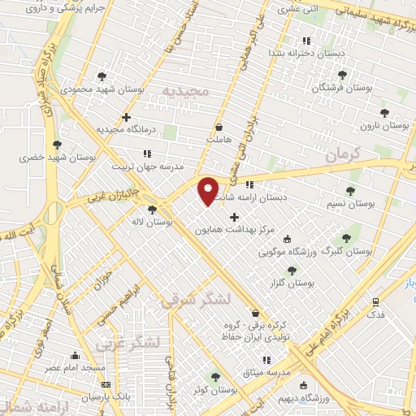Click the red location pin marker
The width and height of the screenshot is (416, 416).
tap(209, 190)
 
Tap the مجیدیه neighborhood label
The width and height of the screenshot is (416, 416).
tap(187, 90)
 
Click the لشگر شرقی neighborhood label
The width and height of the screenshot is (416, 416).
tap(196, 300)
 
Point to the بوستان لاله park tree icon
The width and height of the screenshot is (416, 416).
tap(152, 210)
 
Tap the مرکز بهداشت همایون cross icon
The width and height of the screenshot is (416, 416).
tap(235, 217)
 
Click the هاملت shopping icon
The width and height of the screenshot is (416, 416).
tap(219, 127)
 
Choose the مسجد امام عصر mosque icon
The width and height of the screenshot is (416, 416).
tap(76, 355)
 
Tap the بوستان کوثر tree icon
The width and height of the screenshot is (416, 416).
tap(215, 376)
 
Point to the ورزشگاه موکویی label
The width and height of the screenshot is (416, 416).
tap(263, 252)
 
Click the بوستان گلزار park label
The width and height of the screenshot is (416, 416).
tap(294, 283)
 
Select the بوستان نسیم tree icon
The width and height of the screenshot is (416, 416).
tap(350, 192)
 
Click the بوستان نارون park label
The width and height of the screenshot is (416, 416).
tap(386, 125)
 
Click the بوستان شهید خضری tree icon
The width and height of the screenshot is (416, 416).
tap(57, 145)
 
